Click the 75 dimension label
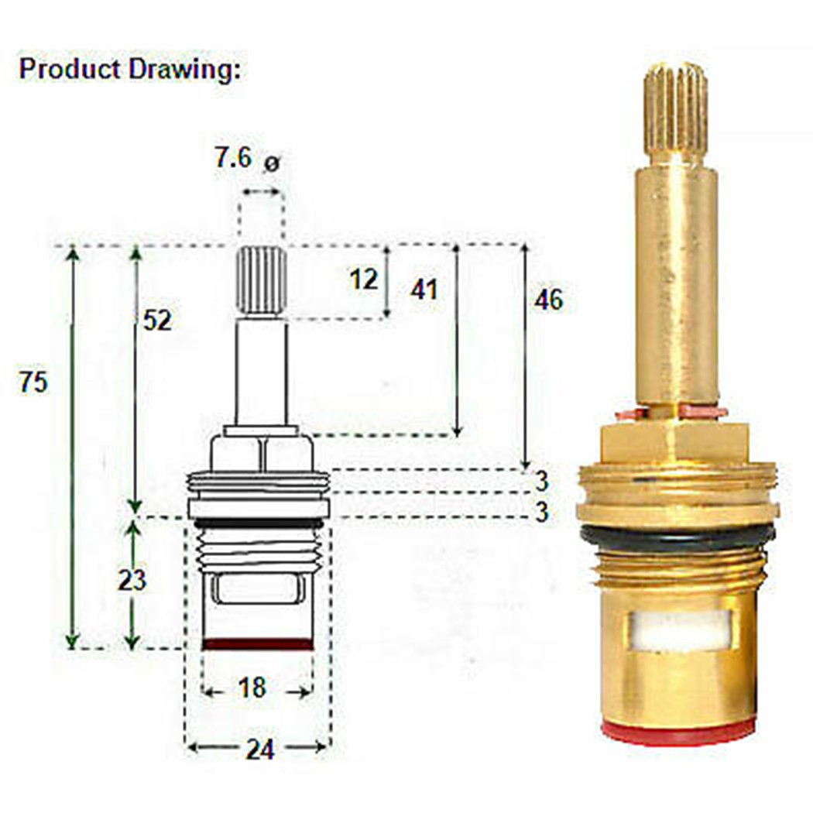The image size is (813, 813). (x=34, y=382)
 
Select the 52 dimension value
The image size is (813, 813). (x=157, y=320)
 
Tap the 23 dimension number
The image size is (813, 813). (x=132, y=579)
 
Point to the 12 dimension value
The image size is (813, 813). (x=362, y=279)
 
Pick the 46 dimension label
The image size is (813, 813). (x=548, y=300)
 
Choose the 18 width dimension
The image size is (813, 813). (x=252, y=687)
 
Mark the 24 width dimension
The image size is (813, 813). (x=259, y=749)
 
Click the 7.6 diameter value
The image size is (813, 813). (x=233, y=160)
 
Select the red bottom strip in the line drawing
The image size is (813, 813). (x=257, y=643)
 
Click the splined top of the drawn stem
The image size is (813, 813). (x=262, y=280)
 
